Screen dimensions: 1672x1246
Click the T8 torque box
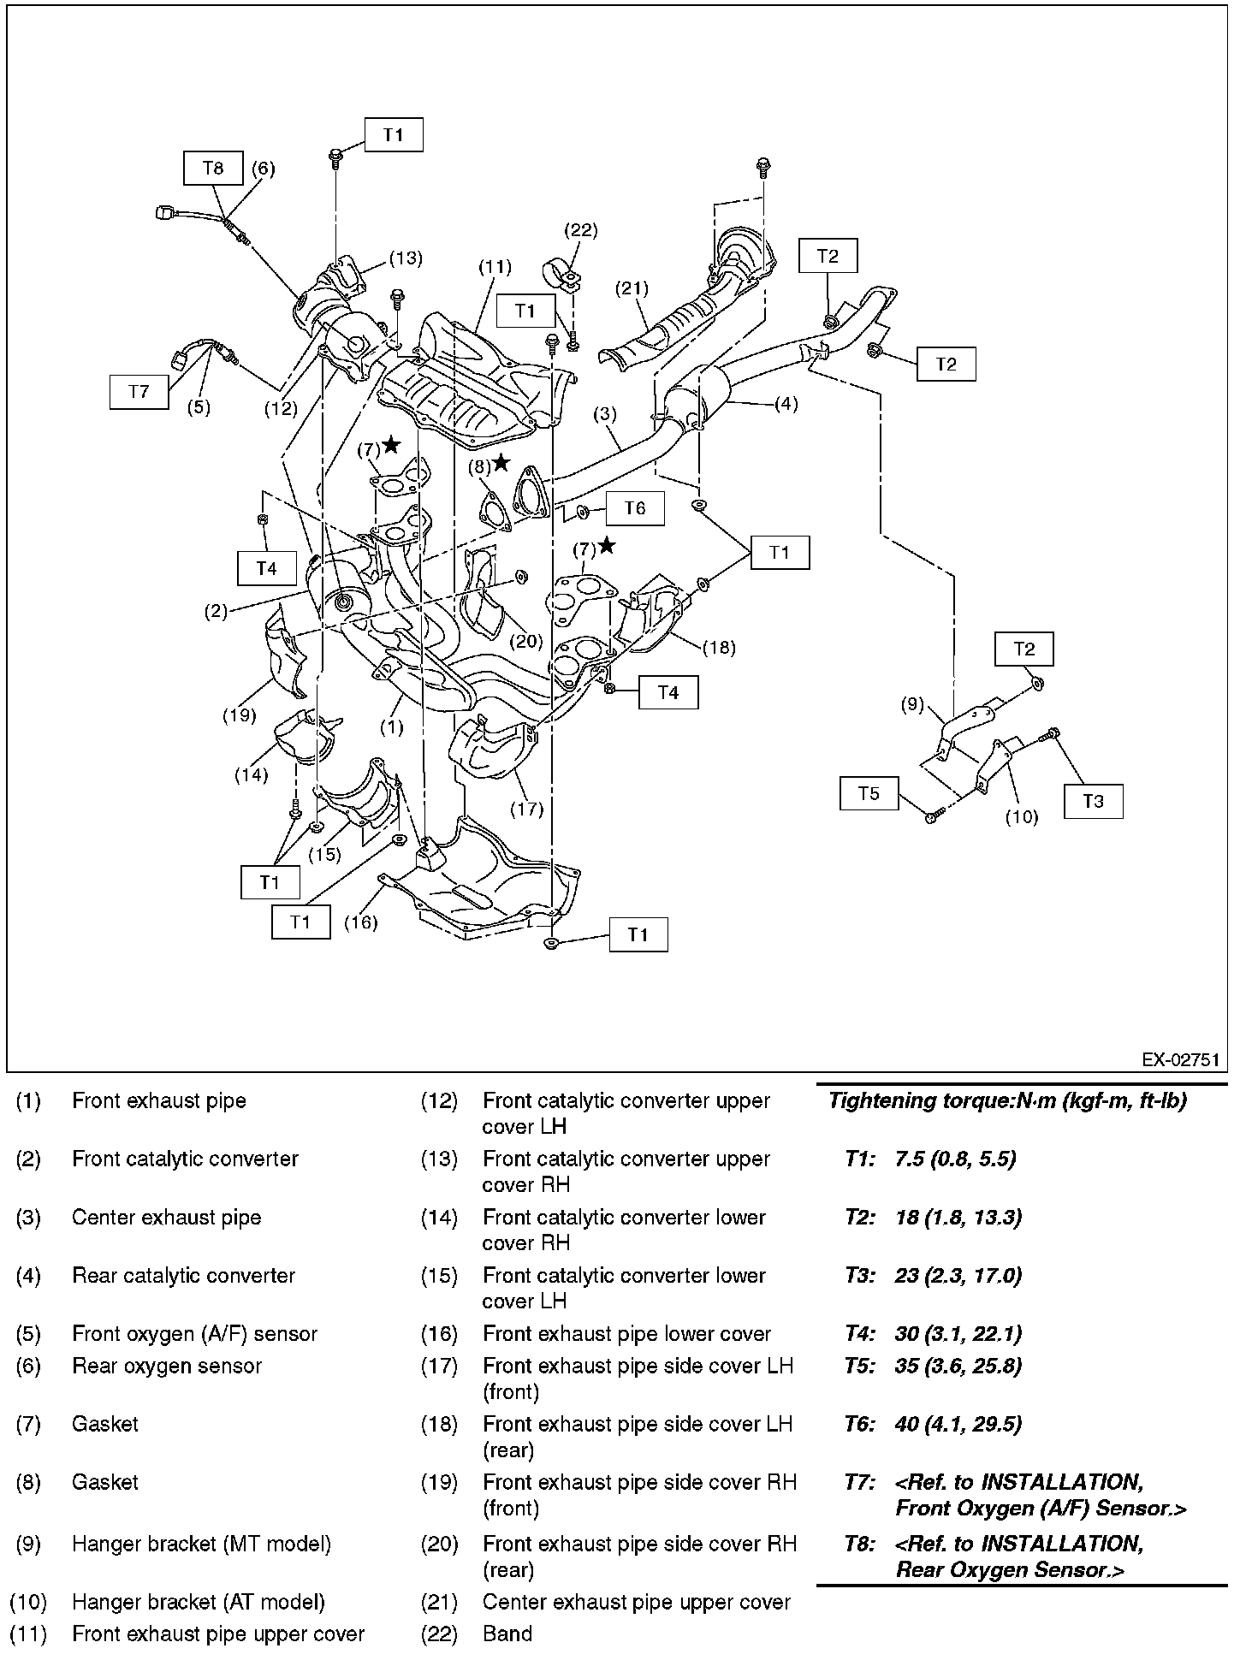[213, 168]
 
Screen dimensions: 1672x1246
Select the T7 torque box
[139, 391]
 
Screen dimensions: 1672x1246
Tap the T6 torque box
[635, 508]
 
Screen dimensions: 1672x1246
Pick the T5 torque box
[869, 793]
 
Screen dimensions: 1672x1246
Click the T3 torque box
[1094, 801]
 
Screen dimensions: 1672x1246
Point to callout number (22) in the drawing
[580, 230]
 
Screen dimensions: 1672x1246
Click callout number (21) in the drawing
[632, 288]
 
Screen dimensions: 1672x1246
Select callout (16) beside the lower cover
[360, 922]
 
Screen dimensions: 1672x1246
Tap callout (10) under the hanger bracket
[1021, 817]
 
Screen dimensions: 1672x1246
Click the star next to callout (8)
[501, 463]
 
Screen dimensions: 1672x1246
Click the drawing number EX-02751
[1180, 1060]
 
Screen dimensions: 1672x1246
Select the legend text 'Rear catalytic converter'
[183, 1276]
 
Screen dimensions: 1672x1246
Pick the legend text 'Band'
[507, 1634]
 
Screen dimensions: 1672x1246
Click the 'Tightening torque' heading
[1007, 1101]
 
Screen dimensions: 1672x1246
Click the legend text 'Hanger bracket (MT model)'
[201, 1545]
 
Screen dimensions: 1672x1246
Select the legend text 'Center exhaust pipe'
[166, 1218]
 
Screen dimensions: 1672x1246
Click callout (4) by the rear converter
[786, 404]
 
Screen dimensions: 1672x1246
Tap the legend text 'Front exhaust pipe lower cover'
[626, 1334]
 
